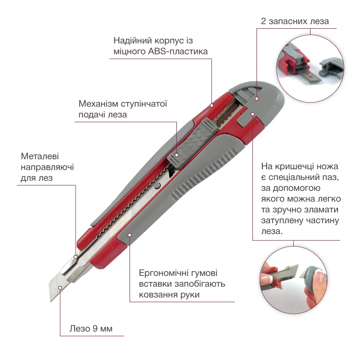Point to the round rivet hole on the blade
[x=157, y=186]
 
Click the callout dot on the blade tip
[x=60, y=288]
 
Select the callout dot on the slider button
[x=176, y=155]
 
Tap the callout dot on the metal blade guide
[x=76, y=257]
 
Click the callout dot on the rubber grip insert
[x=130, y=235]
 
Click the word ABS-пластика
[x=178, y=51]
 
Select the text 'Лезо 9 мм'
[x=91, y=328]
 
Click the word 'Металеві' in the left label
[x=40, y=156]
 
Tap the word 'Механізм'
[x=98, y=104]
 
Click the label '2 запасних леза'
[x=295, y=21]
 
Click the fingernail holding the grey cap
[x=319, y=277]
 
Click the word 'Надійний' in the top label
[x=132, y=40]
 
